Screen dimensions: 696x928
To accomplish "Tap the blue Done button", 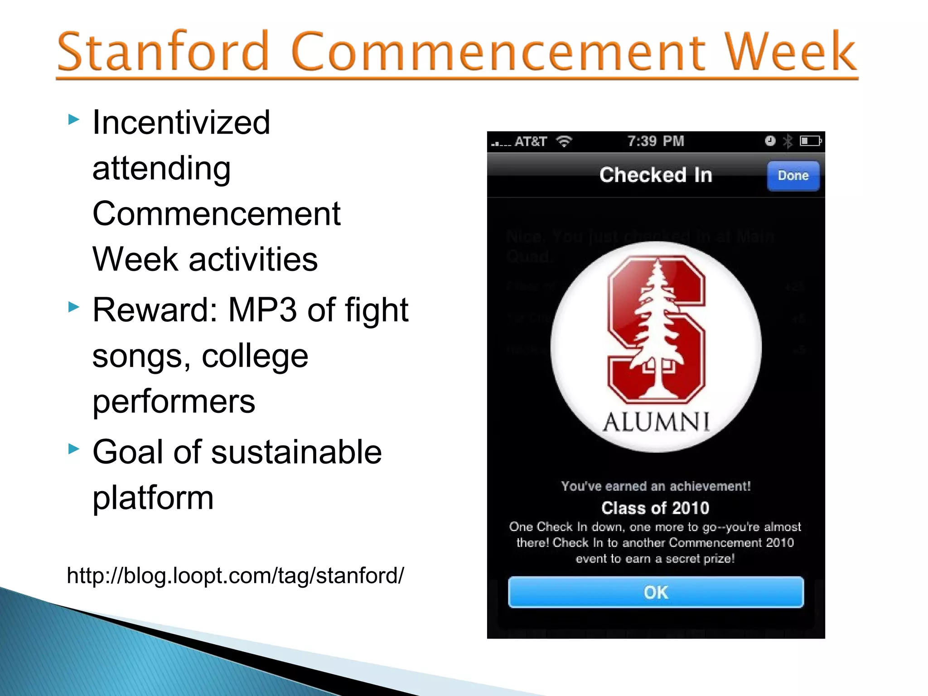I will tap(793, 175).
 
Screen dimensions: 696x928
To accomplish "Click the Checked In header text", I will tap(655, 175).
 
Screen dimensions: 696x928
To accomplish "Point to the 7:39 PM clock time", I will tap(655, 141).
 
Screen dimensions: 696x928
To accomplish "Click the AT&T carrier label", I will tap(531, 142).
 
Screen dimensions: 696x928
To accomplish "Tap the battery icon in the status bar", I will tap(810, 141).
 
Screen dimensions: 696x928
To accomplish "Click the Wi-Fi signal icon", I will tap(564, 142).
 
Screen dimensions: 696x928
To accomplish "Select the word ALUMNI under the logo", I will tap(656, 422).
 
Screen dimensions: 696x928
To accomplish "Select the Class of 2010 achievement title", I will tap(655, 508).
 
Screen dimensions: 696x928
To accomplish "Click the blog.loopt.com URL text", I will tap(235, 575).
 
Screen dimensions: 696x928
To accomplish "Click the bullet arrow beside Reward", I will tap(74, 307).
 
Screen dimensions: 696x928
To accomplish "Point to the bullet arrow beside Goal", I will tap(74, 449).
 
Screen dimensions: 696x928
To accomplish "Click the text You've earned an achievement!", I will tap(656, 486).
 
